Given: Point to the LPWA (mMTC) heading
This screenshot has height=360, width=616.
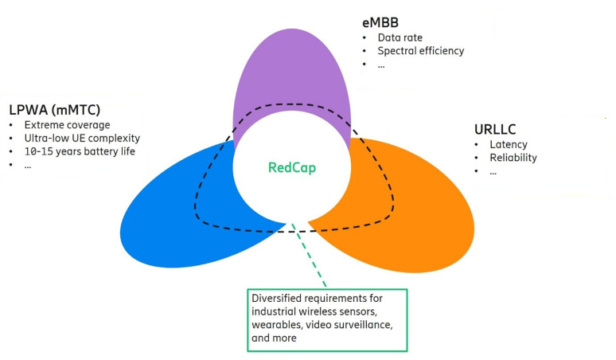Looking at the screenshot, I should coord(54,108).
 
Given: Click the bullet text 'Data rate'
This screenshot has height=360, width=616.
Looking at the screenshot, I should coord(400,37).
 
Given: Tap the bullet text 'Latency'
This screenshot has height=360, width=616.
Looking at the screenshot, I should coord(509,144).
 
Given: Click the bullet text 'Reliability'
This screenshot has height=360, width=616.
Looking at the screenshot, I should coord(513,158).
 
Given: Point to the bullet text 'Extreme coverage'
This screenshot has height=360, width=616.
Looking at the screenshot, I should coord(67,125).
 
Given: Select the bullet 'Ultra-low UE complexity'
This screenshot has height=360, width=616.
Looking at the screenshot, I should coord(82,139).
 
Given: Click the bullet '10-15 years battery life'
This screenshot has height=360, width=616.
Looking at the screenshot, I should coord(81,151).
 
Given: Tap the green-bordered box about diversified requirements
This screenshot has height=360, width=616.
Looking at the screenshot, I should coord(326,319).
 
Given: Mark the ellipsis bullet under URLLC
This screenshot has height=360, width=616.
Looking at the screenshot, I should coord(494,171).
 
